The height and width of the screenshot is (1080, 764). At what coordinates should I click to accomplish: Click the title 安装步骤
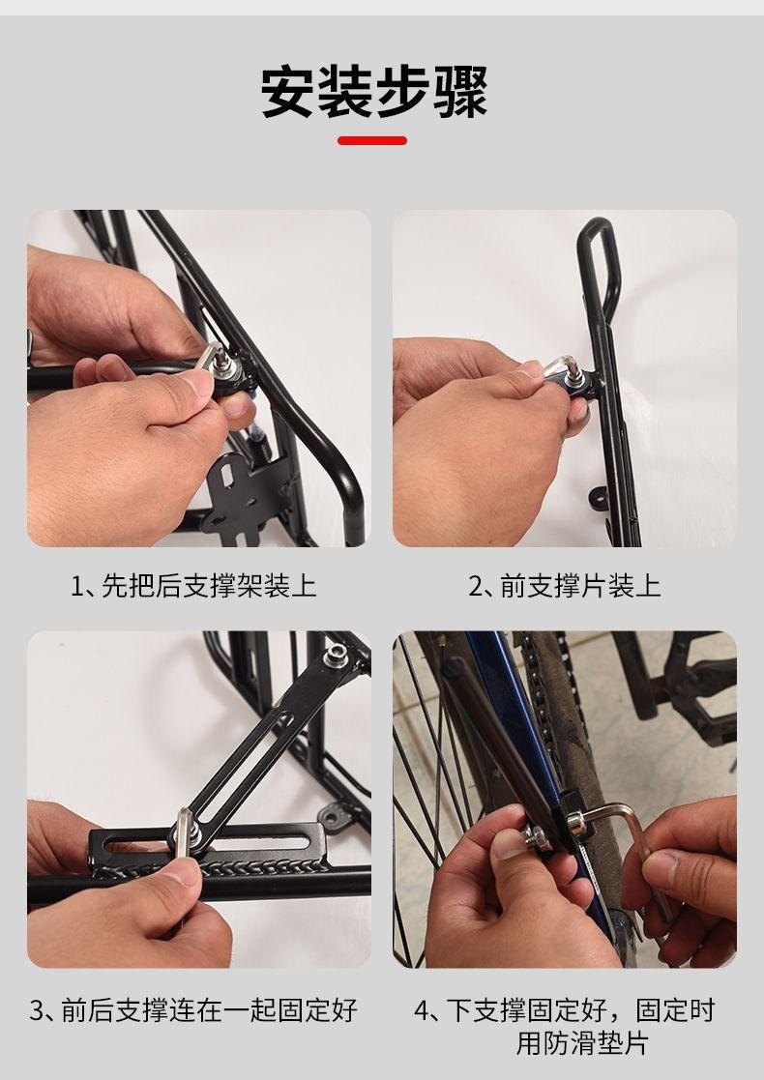pos(374,92)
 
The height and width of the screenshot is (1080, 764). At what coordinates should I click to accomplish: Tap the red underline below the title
pos(372,140)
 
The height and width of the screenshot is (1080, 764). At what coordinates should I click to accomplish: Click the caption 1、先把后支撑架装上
pos(193,586)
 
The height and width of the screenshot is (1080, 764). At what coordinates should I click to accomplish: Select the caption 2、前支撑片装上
pos(564,586)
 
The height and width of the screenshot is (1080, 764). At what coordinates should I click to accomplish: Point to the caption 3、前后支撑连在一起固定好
pos(193,1010)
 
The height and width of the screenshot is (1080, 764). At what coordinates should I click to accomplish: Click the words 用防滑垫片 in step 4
pos(582,1043)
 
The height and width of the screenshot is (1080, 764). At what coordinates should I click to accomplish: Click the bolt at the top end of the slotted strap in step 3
pos(336,655)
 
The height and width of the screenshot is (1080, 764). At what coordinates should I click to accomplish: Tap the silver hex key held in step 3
pos(184,832)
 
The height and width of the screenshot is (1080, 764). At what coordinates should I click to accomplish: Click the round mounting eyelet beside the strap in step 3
pos(337,817)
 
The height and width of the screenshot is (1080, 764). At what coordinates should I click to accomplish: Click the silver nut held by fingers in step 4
pos(535,837)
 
